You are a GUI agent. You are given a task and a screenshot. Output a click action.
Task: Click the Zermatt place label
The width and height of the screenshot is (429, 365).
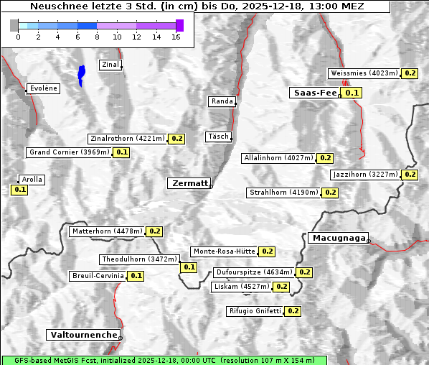(189, 183)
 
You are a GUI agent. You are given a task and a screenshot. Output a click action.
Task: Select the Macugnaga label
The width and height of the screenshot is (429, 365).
(338, 238)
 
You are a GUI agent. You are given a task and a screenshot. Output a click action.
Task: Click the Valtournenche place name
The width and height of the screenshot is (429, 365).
(82, 335)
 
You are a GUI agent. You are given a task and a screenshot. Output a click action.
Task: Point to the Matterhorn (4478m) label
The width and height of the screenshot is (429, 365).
(106, 231)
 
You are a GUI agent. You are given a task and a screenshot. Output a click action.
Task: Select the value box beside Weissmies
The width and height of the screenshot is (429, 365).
(410, 73)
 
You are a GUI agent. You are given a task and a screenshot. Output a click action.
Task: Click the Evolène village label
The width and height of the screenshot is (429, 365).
(43, 88)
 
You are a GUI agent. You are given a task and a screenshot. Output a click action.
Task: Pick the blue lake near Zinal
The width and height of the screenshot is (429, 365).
(81, 74)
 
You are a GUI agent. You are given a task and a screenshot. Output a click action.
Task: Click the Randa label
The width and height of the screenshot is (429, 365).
(222, 101)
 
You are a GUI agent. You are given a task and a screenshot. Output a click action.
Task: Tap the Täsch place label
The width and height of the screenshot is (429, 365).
(217, 137)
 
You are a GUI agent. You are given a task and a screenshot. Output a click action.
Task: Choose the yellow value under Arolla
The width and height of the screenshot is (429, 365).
(19, 190)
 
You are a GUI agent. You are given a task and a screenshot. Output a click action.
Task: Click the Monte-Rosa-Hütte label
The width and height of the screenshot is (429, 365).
(224, 251)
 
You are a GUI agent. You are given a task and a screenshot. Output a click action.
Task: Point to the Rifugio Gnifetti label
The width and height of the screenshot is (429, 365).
(255, 311)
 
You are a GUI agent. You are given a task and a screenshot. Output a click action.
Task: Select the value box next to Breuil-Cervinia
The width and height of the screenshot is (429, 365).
(136, 276)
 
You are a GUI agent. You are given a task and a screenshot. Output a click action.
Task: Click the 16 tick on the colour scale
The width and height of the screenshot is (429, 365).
(176, 37)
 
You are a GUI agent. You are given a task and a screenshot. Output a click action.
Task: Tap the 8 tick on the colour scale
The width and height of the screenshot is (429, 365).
(97, 37)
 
